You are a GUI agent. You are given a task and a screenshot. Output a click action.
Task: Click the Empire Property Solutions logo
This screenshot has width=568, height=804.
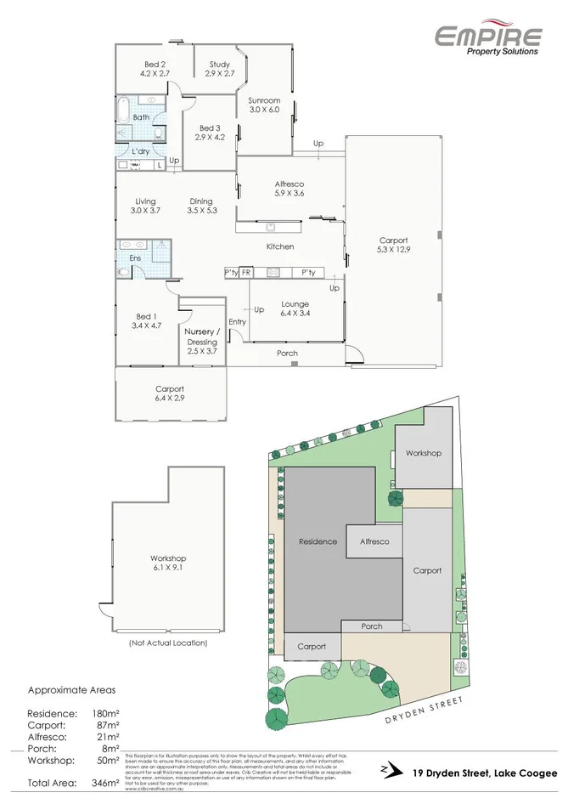(487, 39)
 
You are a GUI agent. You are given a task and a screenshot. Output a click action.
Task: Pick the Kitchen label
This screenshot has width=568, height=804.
(280, 246)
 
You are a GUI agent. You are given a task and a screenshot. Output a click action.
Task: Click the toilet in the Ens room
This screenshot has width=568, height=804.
(123, 272)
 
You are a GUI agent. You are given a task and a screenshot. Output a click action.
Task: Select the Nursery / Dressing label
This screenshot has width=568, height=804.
(202, 337)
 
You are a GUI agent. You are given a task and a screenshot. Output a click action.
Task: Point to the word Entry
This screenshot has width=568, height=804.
(237, 321)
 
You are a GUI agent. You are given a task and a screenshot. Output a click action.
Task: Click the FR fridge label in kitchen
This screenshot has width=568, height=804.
(245, 272)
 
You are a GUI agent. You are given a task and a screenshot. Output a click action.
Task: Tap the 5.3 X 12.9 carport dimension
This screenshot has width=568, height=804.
(393, 250)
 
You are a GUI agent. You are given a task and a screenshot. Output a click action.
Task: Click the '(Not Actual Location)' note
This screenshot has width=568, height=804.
(167, 643)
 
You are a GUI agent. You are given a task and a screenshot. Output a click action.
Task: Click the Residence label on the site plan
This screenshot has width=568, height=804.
(318, 541)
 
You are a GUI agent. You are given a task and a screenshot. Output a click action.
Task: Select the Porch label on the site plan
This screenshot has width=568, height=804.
(372, 626)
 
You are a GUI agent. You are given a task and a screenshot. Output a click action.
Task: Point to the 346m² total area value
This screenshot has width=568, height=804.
(106, 783)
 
